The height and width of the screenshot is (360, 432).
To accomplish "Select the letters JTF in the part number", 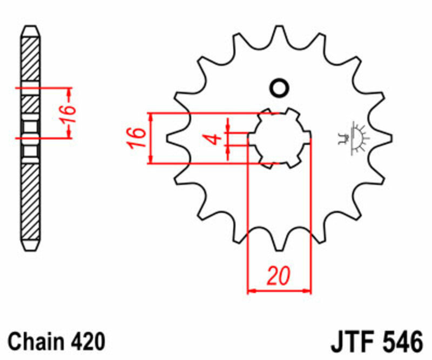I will coord(350,342).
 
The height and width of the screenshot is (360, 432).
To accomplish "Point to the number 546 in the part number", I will coord(401,342).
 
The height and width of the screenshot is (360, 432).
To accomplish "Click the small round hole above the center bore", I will coord(279,88).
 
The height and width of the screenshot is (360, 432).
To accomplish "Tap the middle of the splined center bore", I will coord(279,138).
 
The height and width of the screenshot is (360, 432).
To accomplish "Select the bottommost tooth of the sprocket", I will coord(279,243).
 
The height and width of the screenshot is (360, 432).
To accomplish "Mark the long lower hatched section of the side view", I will coord(30,200).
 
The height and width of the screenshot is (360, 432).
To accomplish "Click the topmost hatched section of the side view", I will coord(30,59).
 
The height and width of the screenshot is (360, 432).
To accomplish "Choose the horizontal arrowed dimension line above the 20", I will coord(279,291).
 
